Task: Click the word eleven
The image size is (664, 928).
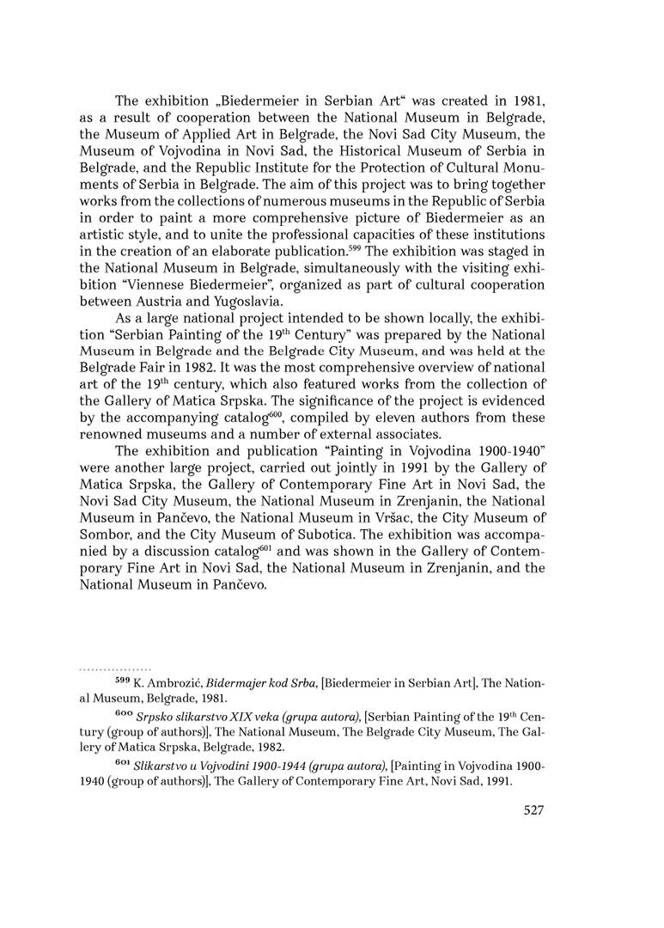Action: coord(367,418)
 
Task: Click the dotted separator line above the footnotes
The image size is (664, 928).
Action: coord(115,667)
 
